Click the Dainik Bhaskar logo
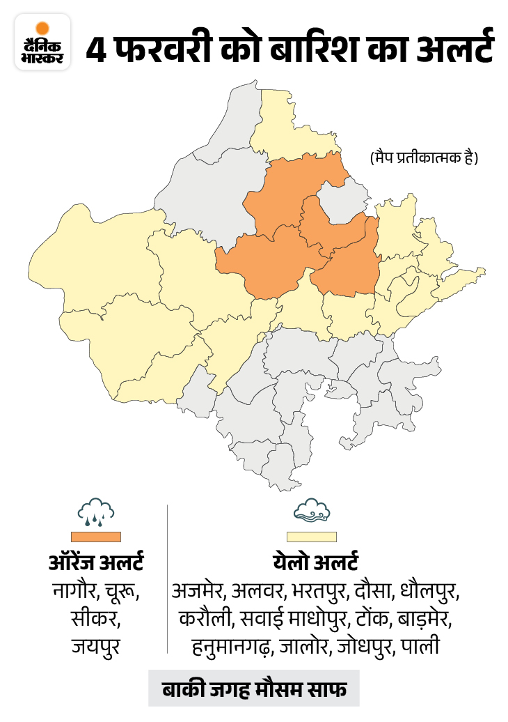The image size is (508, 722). click(42, 42)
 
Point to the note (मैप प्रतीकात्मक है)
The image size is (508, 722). click(424, 158)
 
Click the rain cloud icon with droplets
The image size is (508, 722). click(95, 512)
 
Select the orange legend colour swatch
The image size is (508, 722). click(95, 537)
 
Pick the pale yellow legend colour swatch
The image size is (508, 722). click(316, 537)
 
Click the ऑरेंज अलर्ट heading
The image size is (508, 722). click(95, 563)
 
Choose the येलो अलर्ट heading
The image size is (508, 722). click(316, 563)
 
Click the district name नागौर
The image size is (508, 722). click(75, 592)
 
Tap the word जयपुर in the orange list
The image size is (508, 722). click(95, 646)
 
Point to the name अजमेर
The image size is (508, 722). click(198, 592)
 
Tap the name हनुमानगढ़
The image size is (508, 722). click(232, 646)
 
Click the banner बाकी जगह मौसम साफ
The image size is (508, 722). click(253, 689)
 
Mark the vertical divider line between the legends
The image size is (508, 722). click(168, 578)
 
